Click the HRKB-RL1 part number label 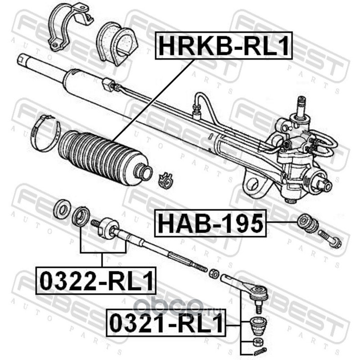coord(224,45)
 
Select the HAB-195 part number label coord(210,223)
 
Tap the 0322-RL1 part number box coord(96,280)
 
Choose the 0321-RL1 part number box coord(166,323)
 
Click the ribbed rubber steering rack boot coord(104,158)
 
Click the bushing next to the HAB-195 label coord(308,223)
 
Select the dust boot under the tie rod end coord(258,326)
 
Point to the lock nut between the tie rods coord(213,273)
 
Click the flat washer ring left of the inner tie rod coord(62,209)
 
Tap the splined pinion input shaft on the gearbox coord(301,107)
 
